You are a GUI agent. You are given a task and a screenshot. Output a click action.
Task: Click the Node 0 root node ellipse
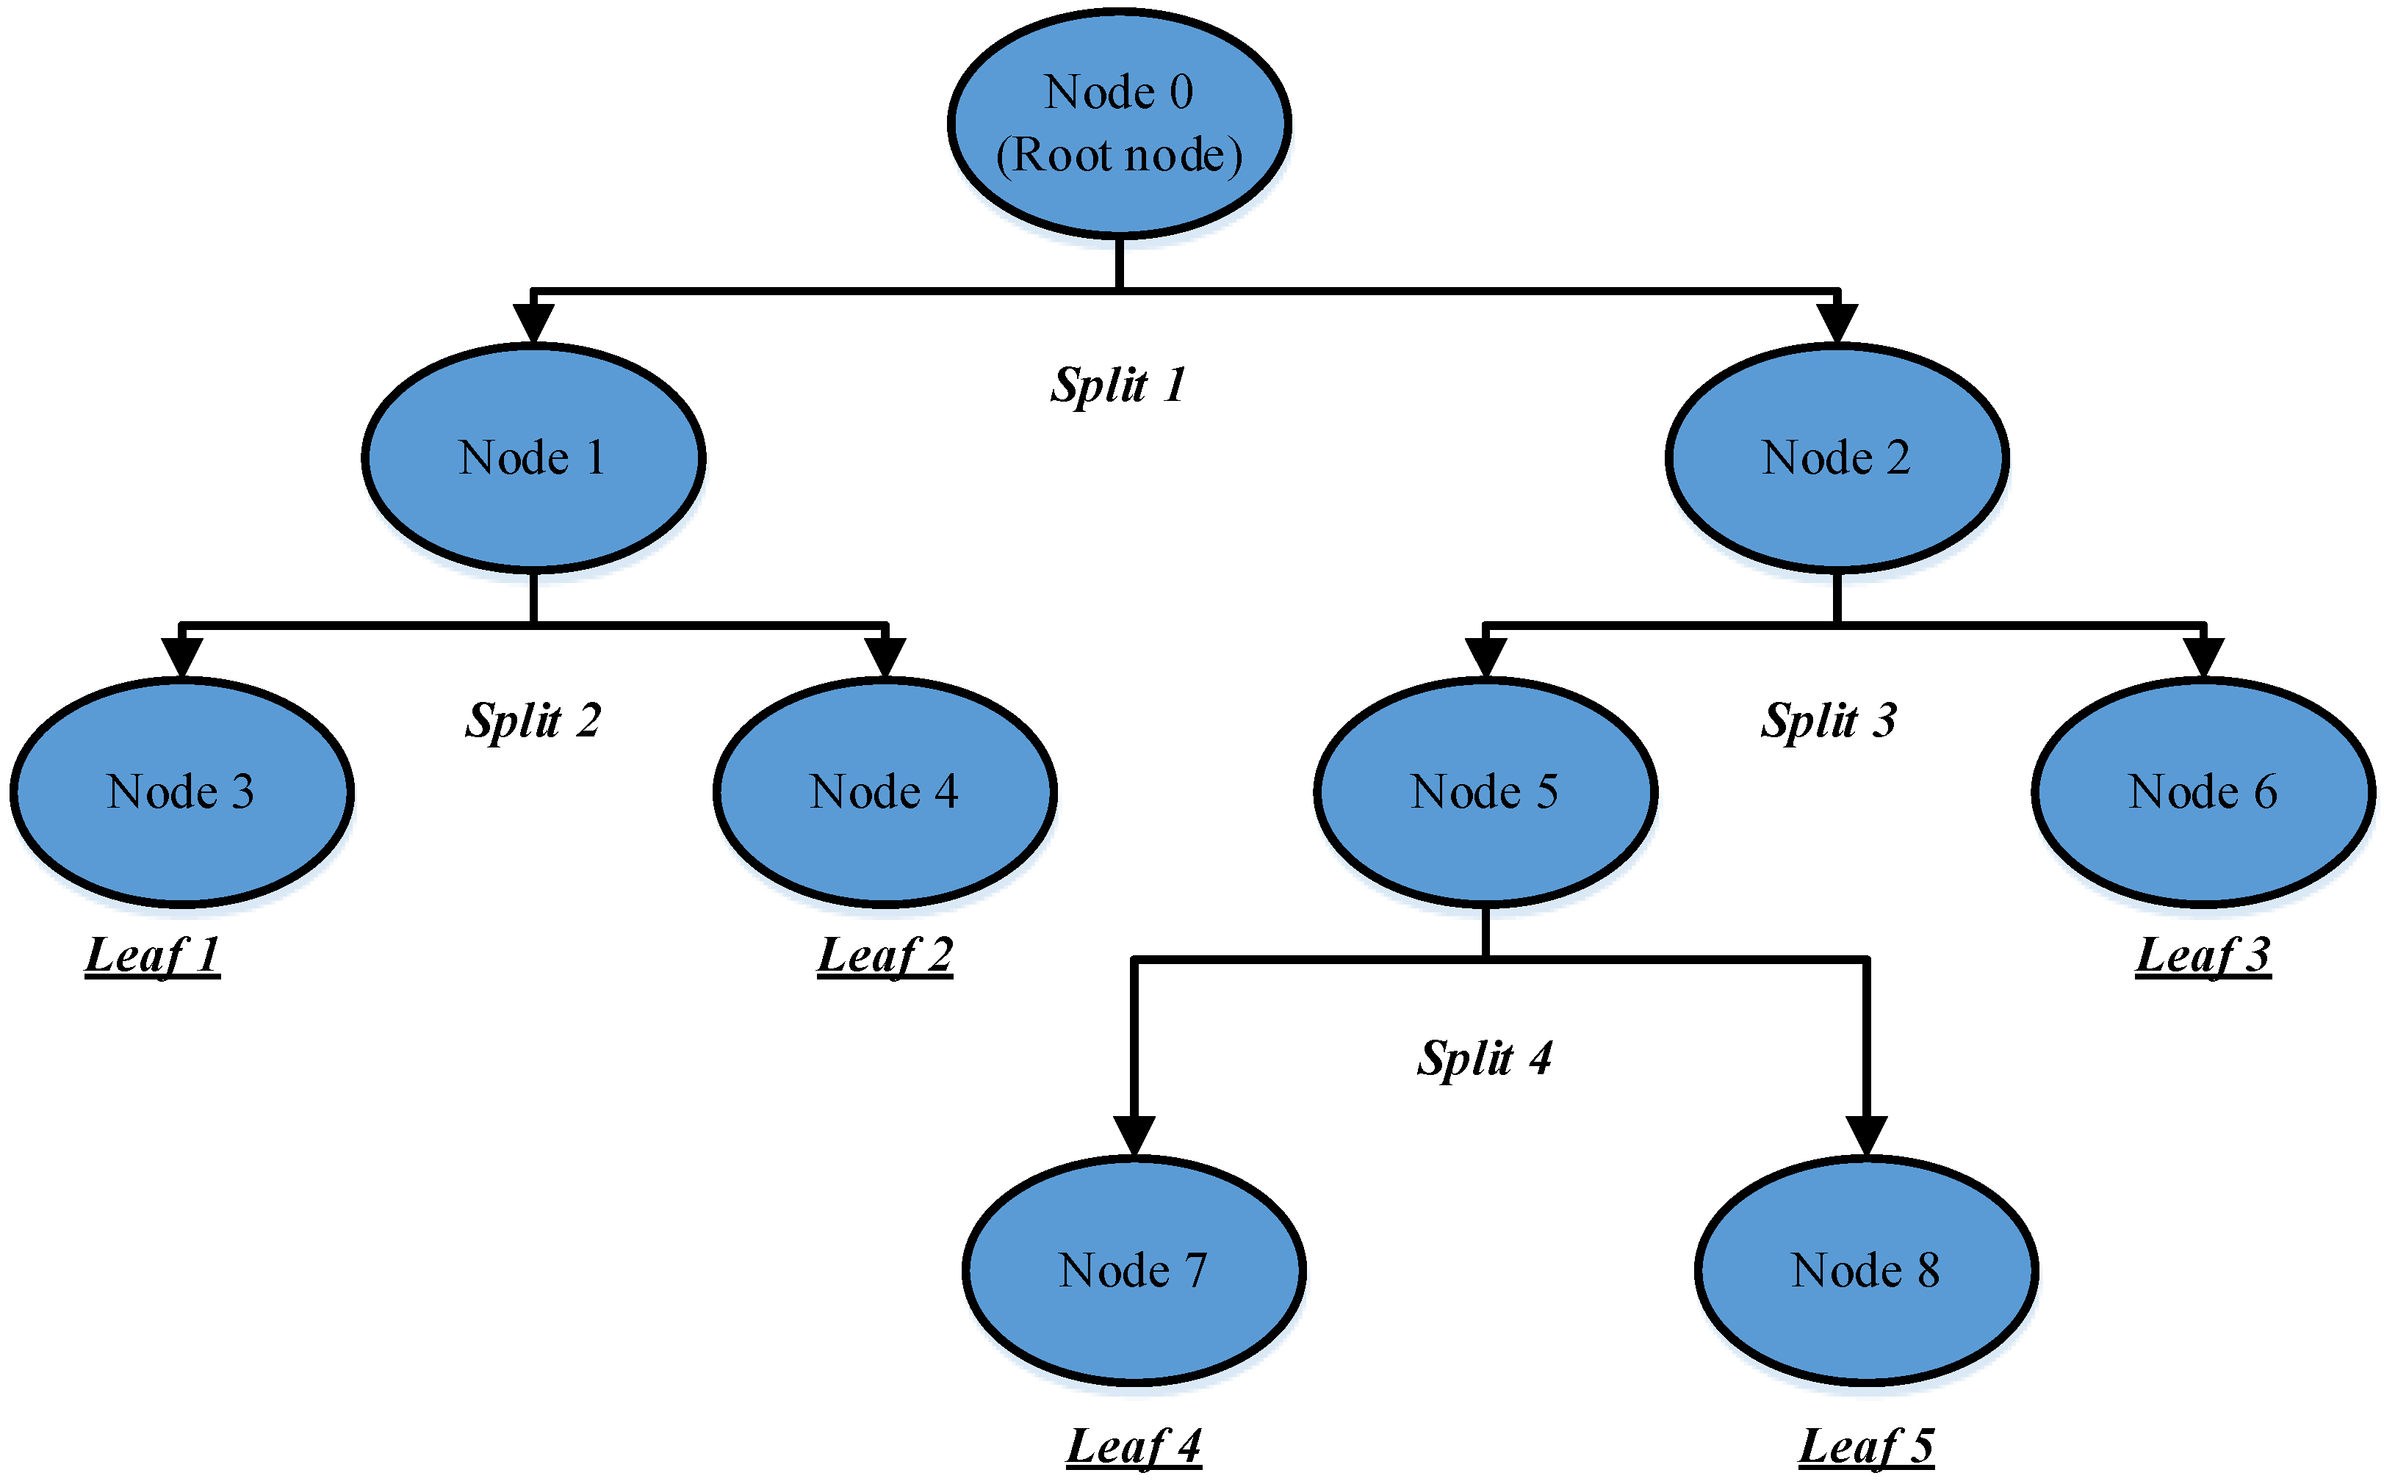coord(1119,123)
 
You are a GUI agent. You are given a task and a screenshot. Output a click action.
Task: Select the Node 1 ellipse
coord(533,457)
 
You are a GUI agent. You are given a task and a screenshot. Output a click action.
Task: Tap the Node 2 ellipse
coord(1836,457)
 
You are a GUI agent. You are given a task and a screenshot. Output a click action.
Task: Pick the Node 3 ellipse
coord(181,792)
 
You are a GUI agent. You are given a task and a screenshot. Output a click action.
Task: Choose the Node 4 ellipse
coord(884,792)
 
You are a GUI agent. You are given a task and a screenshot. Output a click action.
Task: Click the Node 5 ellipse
coord(1485,792)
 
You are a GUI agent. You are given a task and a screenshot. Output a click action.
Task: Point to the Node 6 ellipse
coord(2203,792)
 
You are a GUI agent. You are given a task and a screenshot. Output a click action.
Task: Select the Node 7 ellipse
coord(1134,1270)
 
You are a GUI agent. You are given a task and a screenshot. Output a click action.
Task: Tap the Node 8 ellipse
coord(1865,1270)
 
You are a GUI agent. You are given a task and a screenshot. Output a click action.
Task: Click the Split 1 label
coord(1119,385)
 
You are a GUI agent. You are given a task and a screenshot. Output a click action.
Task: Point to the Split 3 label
coord(1829,721)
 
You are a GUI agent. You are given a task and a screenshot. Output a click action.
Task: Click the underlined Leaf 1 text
coord(152,955)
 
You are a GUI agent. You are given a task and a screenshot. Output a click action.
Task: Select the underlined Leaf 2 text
coord(884,955)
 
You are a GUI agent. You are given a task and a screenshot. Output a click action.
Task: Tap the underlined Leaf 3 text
coord(2203,955)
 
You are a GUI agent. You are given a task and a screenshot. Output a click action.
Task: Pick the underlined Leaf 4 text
coord(1134,1446)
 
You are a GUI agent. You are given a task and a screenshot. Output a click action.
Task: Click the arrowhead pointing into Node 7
coord(1134,1136)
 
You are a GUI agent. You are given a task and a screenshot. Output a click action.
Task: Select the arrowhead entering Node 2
coord(1836,323)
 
